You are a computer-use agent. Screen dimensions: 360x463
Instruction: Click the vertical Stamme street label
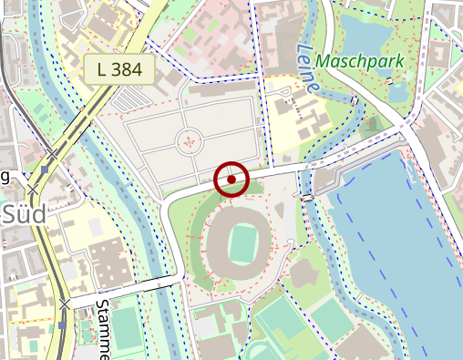click(x=102, y=328)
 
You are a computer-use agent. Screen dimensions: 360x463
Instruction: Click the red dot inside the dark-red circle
click(x=231, y=180)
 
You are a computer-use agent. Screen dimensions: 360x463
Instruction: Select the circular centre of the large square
click(x=189, y=141)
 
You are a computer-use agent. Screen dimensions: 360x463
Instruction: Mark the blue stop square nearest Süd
click(x=45, y=170)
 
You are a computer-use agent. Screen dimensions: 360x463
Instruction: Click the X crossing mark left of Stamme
click(x=65, y=303)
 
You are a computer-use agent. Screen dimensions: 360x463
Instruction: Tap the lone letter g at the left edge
click(x=5, y=177)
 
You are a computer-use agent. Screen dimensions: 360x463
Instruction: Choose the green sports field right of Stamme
click(x=129, y=333)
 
